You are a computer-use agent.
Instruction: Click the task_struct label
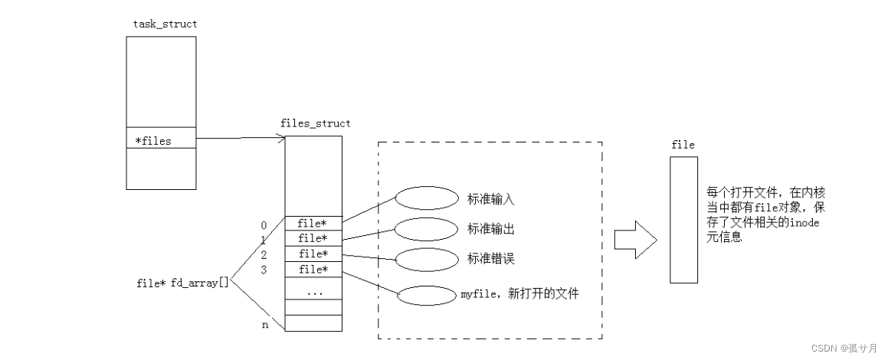[x=165, y=24]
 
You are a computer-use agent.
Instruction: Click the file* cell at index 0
[x=313, y=224]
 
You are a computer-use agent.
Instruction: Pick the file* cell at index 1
[x=313, y=238]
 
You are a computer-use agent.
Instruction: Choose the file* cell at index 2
[x=313, y=254]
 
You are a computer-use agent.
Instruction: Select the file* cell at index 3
[x=313, y=269]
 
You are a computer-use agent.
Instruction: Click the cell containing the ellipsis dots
[x=313, y=292]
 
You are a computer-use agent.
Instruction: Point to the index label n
[x=264, y=325]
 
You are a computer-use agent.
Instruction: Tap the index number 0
[x=264, y=225]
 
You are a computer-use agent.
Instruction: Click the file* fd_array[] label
[x=182, y=283]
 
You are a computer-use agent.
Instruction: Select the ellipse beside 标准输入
[x=427, y=198]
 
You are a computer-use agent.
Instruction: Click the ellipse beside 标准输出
[x=427, y=228]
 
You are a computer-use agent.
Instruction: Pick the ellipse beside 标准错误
[x=427, y=259]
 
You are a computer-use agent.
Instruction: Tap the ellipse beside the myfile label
[x=427, y=294]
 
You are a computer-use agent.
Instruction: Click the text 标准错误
[x=490, y=259]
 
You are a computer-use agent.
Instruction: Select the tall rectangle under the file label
[x=683, y=220]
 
